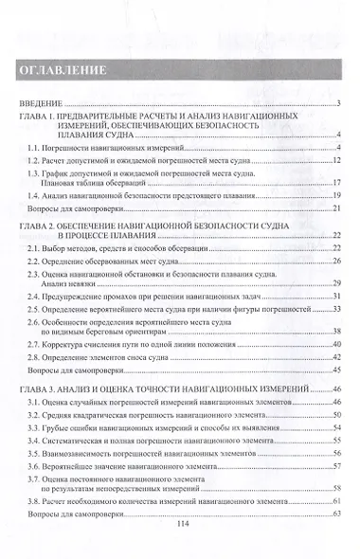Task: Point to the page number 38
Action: (335, 331)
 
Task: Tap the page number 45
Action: (335, 370)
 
